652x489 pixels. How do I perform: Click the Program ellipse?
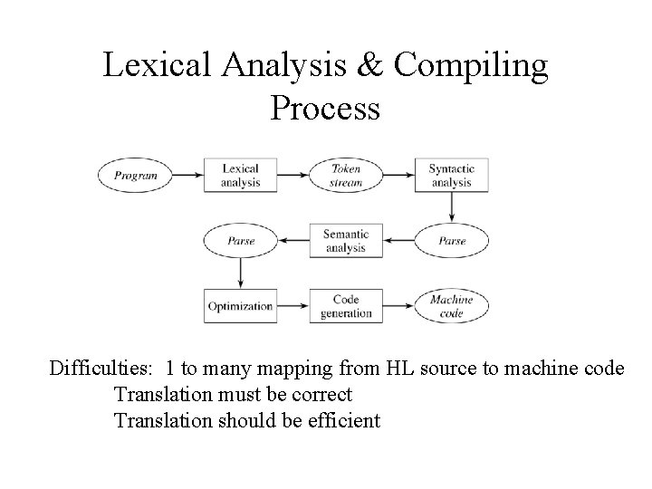137,175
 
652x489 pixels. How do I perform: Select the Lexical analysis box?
240,175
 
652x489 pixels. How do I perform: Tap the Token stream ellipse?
346,175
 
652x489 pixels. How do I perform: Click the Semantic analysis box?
345,240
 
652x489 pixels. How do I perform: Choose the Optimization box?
240,306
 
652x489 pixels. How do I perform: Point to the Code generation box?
346,306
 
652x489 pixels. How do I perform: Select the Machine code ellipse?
452,306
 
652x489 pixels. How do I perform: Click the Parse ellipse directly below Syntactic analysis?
452,241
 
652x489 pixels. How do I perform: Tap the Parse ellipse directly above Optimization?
240,241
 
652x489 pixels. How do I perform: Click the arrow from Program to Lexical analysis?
188,175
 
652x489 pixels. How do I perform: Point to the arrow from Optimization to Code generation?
292,306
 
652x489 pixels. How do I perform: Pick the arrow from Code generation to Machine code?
398,306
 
